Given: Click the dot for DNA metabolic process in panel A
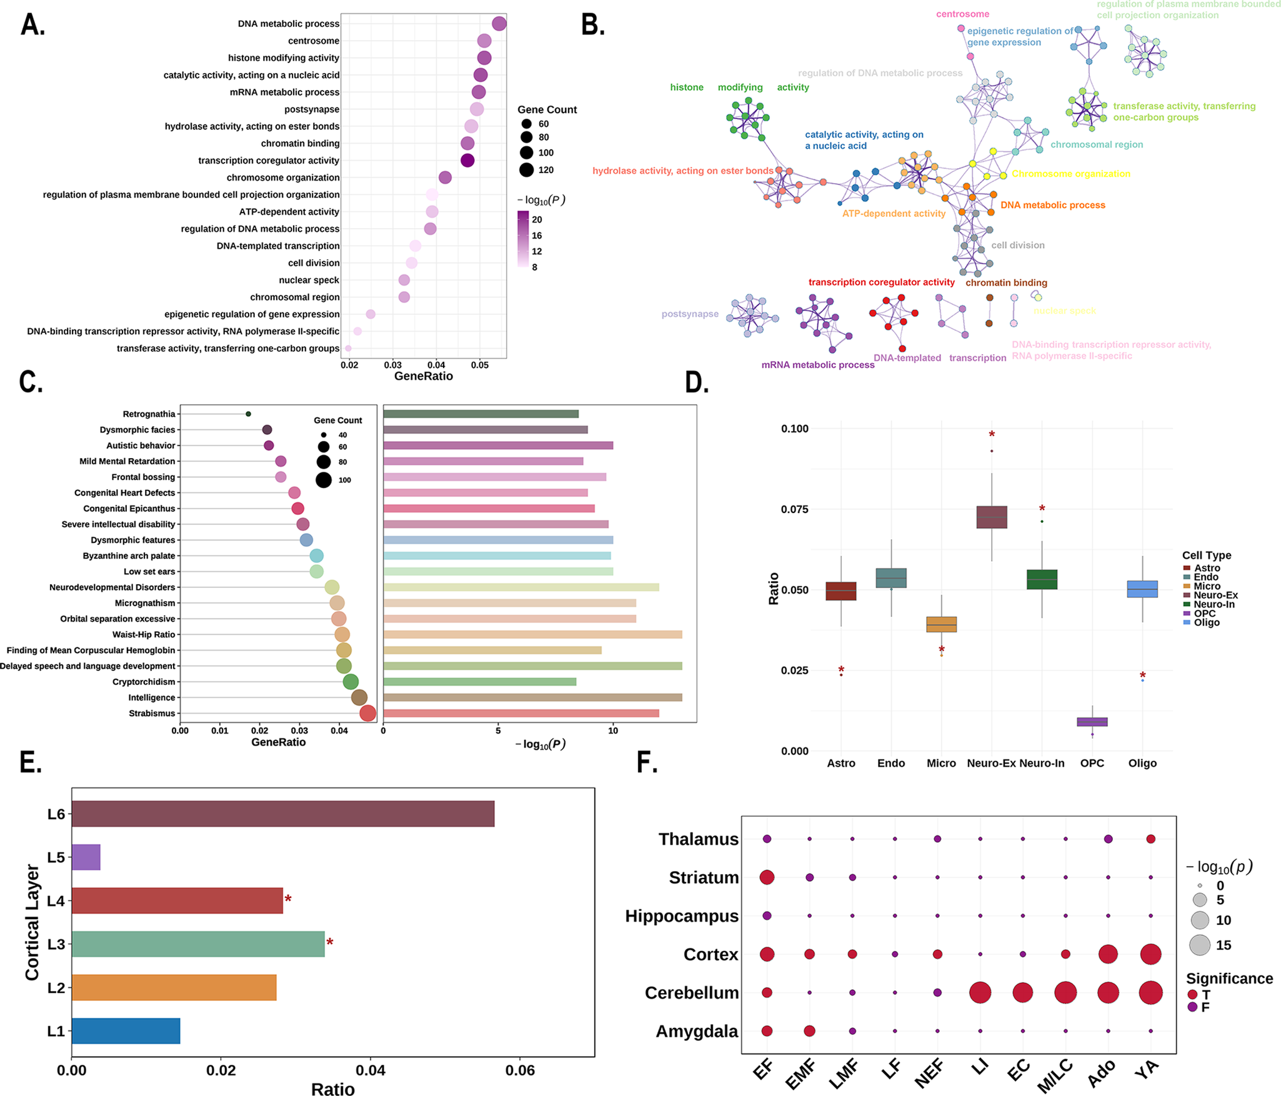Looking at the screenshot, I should pos(499,24).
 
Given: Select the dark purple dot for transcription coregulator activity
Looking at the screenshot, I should pos(467,161).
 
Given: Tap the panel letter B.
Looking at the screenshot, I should pos(592,25).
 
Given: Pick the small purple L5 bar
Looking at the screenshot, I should pos(86,857).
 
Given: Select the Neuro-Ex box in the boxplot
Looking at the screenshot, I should pos(991,517).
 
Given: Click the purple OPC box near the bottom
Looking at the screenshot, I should pos(1092,722).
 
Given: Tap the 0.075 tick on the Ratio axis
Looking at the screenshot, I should pos(794,509).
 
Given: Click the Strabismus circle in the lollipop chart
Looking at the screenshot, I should pos(367,713).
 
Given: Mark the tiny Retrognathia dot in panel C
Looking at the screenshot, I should pos(248,414).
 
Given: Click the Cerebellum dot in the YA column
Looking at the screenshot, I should pos(1150,992).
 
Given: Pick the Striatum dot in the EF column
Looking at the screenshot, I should pos(767,877).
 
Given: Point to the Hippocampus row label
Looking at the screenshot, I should pos(682,916).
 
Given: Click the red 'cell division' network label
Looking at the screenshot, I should pos(1017,246).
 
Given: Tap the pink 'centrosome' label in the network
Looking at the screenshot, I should pos(962,14).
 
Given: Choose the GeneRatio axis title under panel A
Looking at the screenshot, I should pos(423,376).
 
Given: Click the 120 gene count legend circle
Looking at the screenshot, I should pos(526,170).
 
